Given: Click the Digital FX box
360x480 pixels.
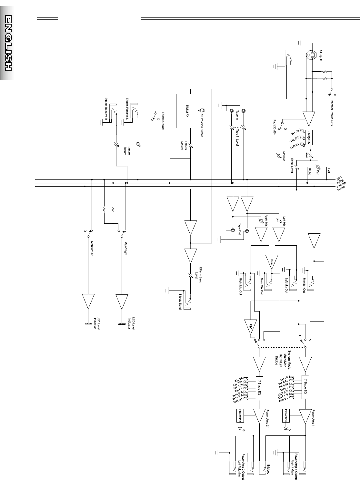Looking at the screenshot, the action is click(187, 111).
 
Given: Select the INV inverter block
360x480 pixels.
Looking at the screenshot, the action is click(250, 327).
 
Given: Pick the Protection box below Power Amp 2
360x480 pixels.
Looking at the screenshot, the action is click(240, 415).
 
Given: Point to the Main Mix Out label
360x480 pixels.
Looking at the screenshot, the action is click(262, 286).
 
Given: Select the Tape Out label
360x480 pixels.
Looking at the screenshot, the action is click(239, 230).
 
